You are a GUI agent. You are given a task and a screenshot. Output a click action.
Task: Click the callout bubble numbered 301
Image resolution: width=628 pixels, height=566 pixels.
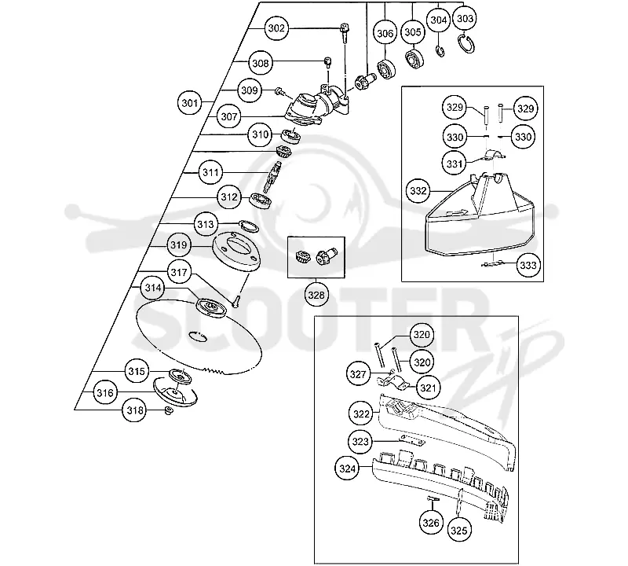point(189,103)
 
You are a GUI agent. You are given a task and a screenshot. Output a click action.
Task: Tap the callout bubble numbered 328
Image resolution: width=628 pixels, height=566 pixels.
point(316,296)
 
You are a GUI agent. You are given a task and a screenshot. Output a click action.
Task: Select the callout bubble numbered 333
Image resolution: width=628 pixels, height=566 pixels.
point(528,265)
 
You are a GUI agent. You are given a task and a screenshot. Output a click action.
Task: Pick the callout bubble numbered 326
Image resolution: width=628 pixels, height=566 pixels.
point(431,523)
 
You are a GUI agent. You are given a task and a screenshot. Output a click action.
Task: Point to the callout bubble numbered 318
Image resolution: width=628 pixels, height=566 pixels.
point(134,410)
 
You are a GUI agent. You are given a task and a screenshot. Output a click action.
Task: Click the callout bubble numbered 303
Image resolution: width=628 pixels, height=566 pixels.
point(465,18)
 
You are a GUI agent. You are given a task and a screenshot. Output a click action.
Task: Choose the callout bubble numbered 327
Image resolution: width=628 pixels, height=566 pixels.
point(358,375)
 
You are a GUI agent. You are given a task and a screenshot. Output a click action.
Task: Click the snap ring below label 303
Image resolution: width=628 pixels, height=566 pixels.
point(466,44)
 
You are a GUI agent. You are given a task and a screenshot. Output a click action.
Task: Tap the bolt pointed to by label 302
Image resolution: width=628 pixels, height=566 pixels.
point(344,32)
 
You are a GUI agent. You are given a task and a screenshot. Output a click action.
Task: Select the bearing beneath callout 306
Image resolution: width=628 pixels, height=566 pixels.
point(386,68)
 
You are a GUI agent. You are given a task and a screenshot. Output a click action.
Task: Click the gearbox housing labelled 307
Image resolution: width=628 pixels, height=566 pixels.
point(316,106)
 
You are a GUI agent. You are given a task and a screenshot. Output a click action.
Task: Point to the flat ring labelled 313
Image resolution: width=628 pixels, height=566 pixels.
point(248,226)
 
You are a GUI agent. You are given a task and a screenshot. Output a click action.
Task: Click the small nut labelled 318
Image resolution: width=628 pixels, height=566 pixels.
point(169,410)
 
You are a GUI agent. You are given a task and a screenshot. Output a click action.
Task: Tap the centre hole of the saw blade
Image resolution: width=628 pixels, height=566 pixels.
point(198,336)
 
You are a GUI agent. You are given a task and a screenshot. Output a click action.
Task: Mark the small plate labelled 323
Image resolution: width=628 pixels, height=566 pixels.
point(413,440)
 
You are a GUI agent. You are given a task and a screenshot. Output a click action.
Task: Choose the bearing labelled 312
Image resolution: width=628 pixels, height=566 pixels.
point(261,200)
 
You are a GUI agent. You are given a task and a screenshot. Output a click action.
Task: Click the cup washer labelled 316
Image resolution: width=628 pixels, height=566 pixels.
point(175,392)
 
